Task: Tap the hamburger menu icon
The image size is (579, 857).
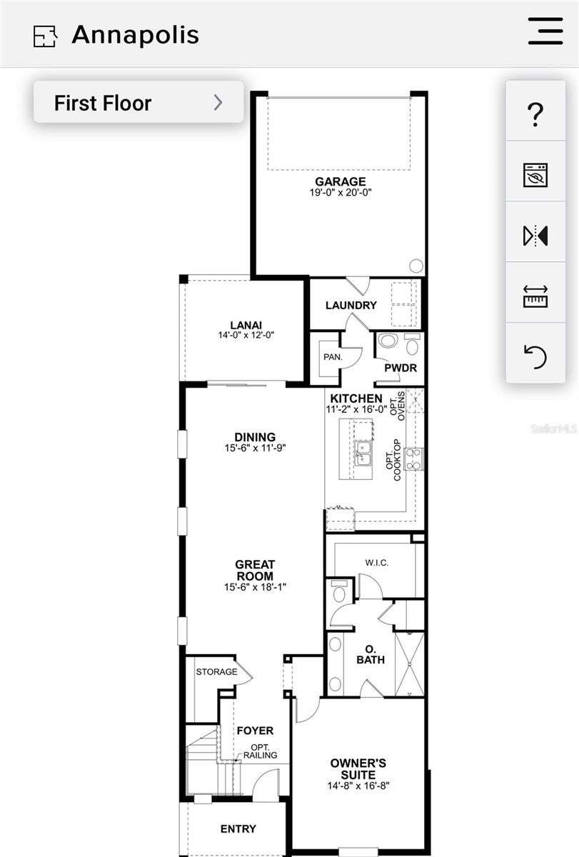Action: pyautogui.click(x=545, y=31)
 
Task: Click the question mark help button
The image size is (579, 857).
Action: pyautogui.click(x=535, y=114)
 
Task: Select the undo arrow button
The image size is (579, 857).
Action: pyautogui.click(x=535, y=356)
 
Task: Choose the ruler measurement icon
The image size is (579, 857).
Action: pyautogui.click(x=535, y=296)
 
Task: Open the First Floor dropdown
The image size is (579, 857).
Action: pyautogui.click(x=139, y=102)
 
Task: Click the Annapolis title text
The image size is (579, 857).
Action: pyautogui.click(x=136, y=35)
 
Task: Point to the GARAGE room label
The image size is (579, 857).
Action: pyautogui.click(x=341, y=181)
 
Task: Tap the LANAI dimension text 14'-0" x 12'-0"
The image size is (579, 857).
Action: pyautogui.click(x=246, y=335)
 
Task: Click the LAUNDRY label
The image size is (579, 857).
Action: pyautogui.click(x=351, y=306)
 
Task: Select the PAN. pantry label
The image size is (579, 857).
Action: pyautogui.click(x=333, y=357)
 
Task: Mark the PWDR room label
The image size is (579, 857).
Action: pyautogui.click(x=401, y=368)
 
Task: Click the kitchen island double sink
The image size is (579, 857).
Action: pyautogui.click(x=362, y=453)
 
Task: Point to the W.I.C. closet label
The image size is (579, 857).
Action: pyautogui.click(x=377, y=563)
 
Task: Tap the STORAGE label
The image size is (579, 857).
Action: pyautogui.click(x=216, y=672)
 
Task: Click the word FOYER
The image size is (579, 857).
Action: pyautogui.click(x=255, y=731)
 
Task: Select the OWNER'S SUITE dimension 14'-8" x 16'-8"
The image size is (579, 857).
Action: pyautogui.click(x=358, y=786)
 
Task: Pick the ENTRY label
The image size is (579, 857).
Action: pyautogui.click(x=238, y=828)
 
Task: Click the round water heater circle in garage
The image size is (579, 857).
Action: pyautogui.click(x=416, y=266)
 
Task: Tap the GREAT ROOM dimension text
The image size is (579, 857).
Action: pyautogui.click(x=255, y=587)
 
